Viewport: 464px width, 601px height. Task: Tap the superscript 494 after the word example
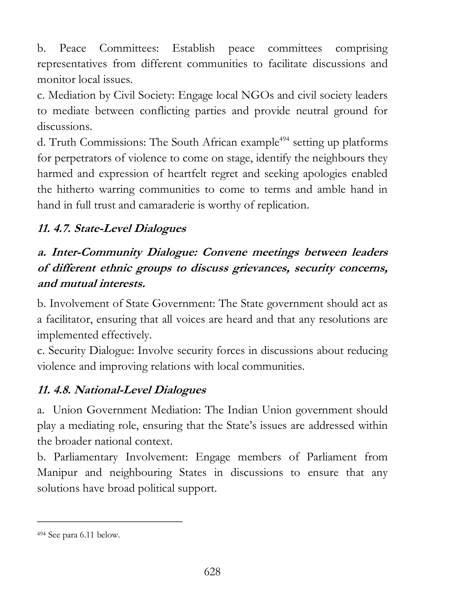coord(285,139)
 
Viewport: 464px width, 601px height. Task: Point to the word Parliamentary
coord(85,457)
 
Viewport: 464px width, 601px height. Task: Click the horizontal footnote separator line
coord(110,521)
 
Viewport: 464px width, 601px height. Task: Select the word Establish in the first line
coord(193,48)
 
